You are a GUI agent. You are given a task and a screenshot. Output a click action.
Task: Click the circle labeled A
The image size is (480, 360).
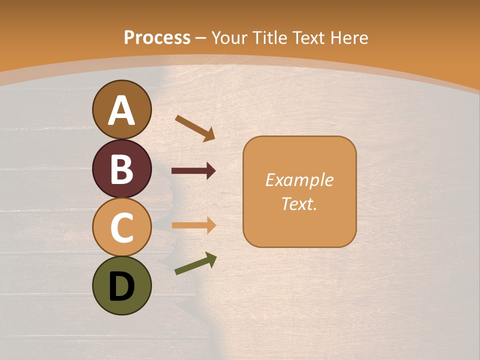coord(122,109)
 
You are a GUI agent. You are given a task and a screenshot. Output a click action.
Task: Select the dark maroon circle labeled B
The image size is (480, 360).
coord(122,168)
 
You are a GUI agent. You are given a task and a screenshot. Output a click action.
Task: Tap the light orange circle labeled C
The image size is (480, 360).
coord(122,227)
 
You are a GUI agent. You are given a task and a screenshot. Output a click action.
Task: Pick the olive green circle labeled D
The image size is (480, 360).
coord(122,285)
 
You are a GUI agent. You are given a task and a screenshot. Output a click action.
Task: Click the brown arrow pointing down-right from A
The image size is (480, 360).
coord(194,127)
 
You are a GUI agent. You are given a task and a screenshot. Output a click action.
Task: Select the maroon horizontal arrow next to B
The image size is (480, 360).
coord(193,171)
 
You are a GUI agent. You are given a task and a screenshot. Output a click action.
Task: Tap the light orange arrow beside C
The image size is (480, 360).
coord(193,225)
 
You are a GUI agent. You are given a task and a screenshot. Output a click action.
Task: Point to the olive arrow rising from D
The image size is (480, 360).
coord(195,263)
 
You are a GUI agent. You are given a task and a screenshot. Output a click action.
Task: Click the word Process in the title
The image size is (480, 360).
coord(157,37)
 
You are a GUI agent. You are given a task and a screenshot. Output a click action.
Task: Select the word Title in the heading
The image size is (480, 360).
coord(269,37)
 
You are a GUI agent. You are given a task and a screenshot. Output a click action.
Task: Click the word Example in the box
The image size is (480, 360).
coord(299,180)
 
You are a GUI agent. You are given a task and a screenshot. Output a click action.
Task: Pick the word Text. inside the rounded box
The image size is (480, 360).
coord(299,203)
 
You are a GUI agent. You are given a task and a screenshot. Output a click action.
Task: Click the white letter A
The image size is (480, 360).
coord(122,110)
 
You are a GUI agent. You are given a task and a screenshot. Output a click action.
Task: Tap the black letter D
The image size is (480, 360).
coord(122,287)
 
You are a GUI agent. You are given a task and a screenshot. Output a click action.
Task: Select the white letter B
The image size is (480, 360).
coord(122,169)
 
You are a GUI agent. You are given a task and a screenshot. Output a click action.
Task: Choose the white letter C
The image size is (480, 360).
coord(122,227)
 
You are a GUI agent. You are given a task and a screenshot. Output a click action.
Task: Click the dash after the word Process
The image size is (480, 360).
coord(201,38)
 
